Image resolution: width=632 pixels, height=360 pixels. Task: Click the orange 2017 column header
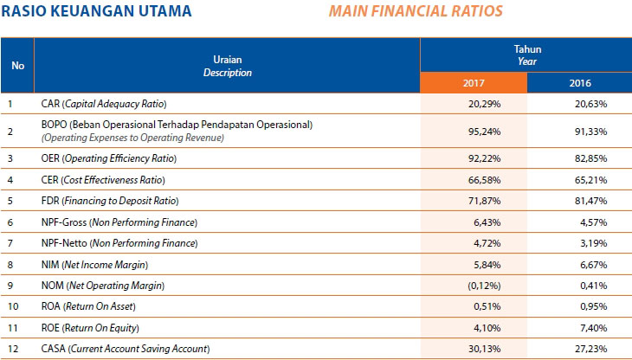(x=473, y=83)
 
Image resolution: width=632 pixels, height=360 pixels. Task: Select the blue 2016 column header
(x=579, y=83)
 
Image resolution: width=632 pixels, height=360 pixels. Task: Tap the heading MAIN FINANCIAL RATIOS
(x=426, y=12)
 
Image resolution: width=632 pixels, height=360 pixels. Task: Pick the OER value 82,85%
(x=589, y=159)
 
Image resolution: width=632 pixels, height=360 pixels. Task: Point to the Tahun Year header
(x=526, y=55)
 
